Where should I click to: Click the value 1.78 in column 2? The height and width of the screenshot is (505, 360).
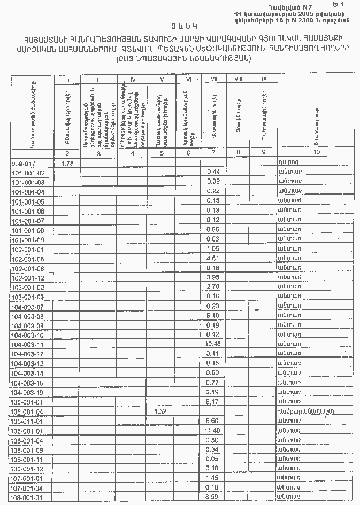[67, 163]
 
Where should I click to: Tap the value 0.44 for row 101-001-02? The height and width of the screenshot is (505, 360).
[213, 172]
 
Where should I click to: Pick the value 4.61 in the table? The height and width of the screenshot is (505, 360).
[213, 259]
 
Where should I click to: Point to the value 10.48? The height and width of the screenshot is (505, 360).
[213, 344]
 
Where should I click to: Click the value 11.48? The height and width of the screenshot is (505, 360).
[213, 430]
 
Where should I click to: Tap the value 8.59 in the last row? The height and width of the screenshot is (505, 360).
[213, 497]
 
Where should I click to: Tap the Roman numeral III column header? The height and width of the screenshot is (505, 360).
[99, 80]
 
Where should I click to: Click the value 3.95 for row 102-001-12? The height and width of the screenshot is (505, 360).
[213, 277]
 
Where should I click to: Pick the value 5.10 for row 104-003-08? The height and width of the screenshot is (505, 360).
[213, 316]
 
